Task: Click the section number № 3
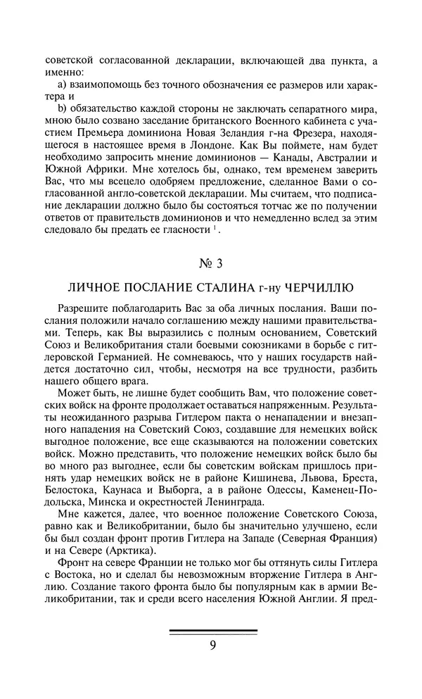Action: coord(211,265)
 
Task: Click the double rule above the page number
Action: coord(212,631)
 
